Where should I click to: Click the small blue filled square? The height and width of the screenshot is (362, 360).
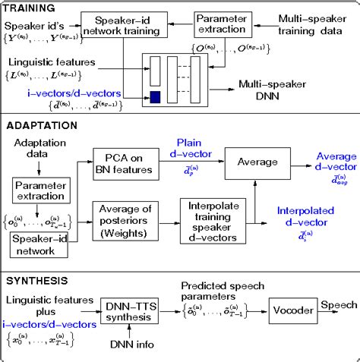155,96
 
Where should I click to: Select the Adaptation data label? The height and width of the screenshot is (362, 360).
36,148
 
